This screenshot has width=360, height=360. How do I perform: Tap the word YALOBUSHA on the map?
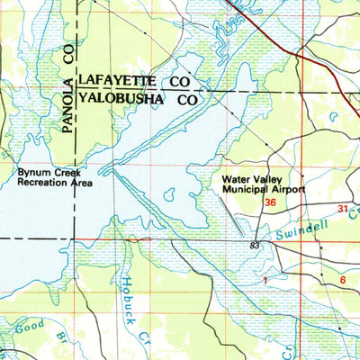(x=123, y=100)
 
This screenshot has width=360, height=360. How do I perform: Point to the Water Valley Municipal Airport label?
(x=264, y=184)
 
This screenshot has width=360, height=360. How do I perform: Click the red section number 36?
(x=270, y=203)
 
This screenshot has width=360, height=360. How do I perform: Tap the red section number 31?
(x=343, y=209)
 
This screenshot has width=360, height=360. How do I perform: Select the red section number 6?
(x=344, y=280)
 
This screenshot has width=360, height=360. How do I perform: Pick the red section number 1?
(x=266, y=281)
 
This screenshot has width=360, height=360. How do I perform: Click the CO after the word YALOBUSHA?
(x=187, y=100)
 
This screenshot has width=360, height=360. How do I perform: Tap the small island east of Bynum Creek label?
(x=167, y=193)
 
